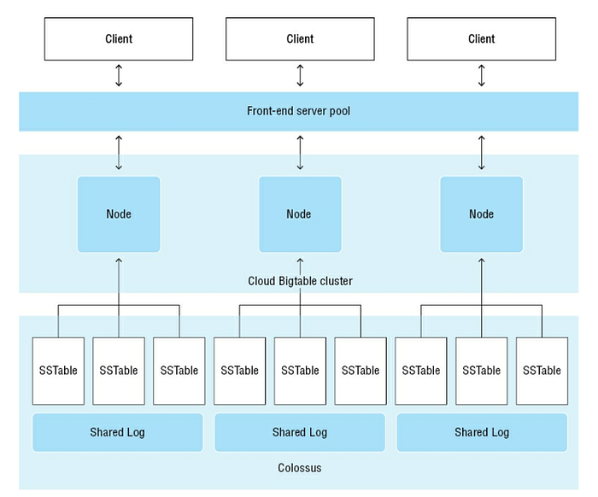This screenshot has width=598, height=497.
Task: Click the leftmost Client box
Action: [119, 39]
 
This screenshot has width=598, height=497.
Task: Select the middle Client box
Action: [300, 39]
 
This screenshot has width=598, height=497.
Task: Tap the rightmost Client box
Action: [481, 39]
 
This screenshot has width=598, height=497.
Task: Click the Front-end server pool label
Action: [299, 111]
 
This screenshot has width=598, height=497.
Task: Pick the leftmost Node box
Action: [119, 214]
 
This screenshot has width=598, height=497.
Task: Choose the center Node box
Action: [300, 214]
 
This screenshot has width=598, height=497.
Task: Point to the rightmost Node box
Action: [481, 214]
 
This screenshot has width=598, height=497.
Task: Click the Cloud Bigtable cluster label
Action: [300, 281]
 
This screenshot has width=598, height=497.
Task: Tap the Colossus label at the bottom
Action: [299, 468]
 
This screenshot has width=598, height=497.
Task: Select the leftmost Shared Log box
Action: [118, 432]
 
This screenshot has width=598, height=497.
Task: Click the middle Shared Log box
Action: [300, 432]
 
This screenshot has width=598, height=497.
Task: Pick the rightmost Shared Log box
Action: [482, 432]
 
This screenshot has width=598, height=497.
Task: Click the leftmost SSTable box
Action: [58, 371]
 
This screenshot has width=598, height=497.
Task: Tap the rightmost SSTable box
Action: [542, 371]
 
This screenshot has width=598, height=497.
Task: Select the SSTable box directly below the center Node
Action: [300, 371]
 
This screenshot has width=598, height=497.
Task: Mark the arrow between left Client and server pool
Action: [119, 75]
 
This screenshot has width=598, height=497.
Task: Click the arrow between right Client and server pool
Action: [481, 75]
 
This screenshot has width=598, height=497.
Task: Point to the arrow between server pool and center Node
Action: [300, 153]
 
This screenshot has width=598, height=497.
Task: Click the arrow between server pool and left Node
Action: [119, 153]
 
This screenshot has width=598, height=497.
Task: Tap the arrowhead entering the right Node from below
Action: [481, 260]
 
